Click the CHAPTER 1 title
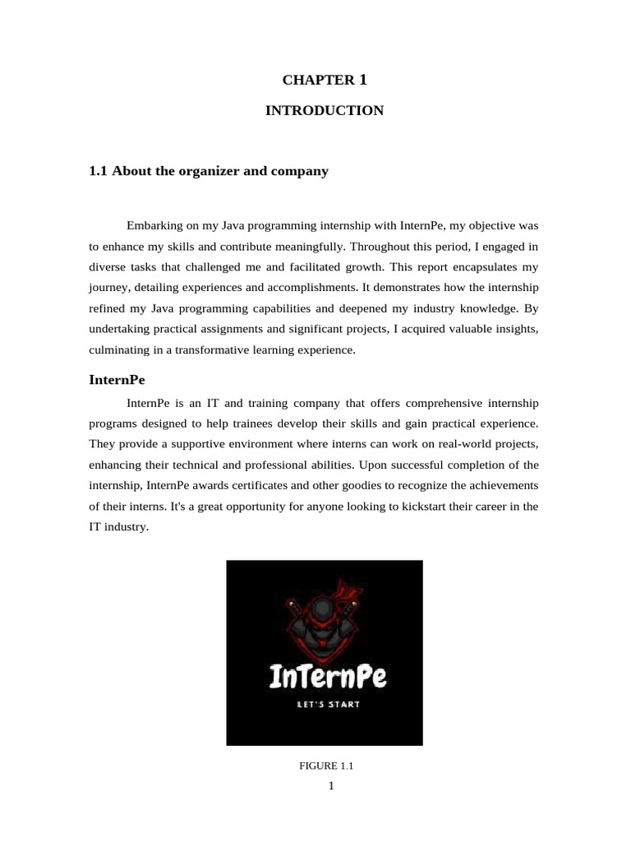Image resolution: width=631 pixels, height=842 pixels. (324, 80)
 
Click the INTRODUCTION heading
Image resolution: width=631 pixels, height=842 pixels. (324, 110)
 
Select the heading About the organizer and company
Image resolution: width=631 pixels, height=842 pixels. (208, 171)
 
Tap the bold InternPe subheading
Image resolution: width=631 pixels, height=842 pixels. (117, 381)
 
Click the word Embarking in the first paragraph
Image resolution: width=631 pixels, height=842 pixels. (154, 224)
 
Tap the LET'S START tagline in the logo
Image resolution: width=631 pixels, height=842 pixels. (328, 705)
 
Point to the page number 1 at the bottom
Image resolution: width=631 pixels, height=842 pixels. (330, 786)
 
